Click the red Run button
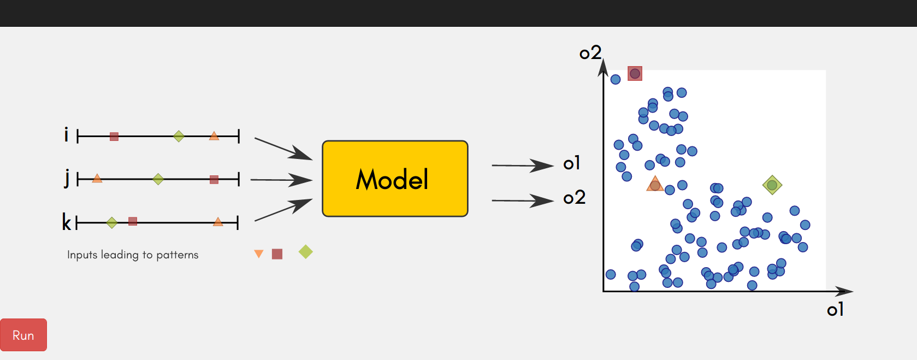pos(23,335)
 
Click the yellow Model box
pos(395,179)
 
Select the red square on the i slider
pos(114,137)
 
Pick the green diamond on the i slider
pos(179,136)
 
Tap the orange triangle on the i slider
pos(214,137)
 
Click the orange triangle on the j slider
pos(97,179)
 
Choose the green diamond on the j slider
pos(158,179)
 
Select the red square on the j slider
pos(214,179)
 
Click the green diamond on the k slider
pos(112,223)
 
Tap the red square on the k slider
pos(133,222)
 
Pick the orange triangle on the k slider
pos(218,222)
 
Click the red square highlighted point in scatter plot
pos(635,74)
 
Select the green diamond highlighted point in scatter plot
pos(772,185)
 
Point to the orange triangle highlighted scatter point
pos(655,184)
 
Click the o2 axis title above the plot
pos(590,52)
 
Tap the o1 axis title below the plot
pos(835,310)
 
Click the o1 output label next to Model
pos(571,163)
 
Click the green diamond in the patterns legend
pos(306,251)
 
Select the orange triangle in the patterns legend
pos(259,254)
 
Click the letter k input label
pos(66,222)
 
